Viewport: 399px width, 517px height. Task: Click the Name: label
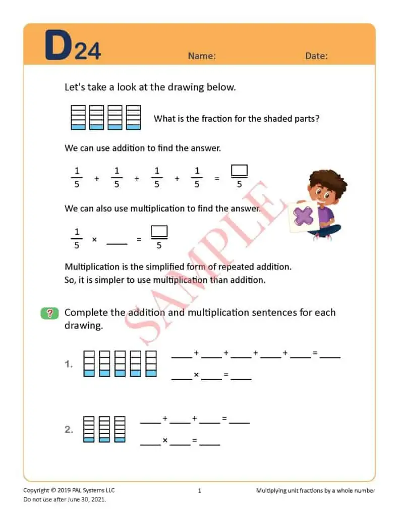202,56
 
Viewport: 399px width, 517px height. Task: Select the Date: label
316,56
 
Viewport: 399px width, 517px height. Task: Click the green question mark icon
49,313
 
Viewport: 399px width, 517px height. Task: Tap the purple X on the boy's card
303,217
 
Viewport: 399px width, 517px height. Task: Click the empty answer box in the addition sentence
239,171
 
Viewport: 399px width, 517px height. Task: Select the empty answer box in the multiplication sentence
159,232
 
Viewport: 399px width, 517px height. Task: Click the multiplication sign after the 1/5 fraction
94,240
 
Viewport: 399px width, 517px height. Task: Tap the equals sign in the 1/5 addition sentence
217,179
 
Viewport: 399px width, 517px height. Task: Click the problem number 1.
69,364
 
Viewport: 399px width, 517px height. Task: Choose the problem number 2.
69,430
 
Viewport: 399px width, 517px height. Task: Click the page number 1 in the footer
199,490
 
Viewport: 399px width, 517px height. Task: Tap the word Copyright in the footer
36,490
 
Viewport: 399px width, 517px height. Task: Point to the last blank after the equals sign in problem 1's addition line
330,356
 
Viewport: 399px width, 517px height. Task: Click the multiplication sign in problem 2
165,441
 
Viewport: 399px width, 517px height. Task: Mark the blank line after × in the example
117,243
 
